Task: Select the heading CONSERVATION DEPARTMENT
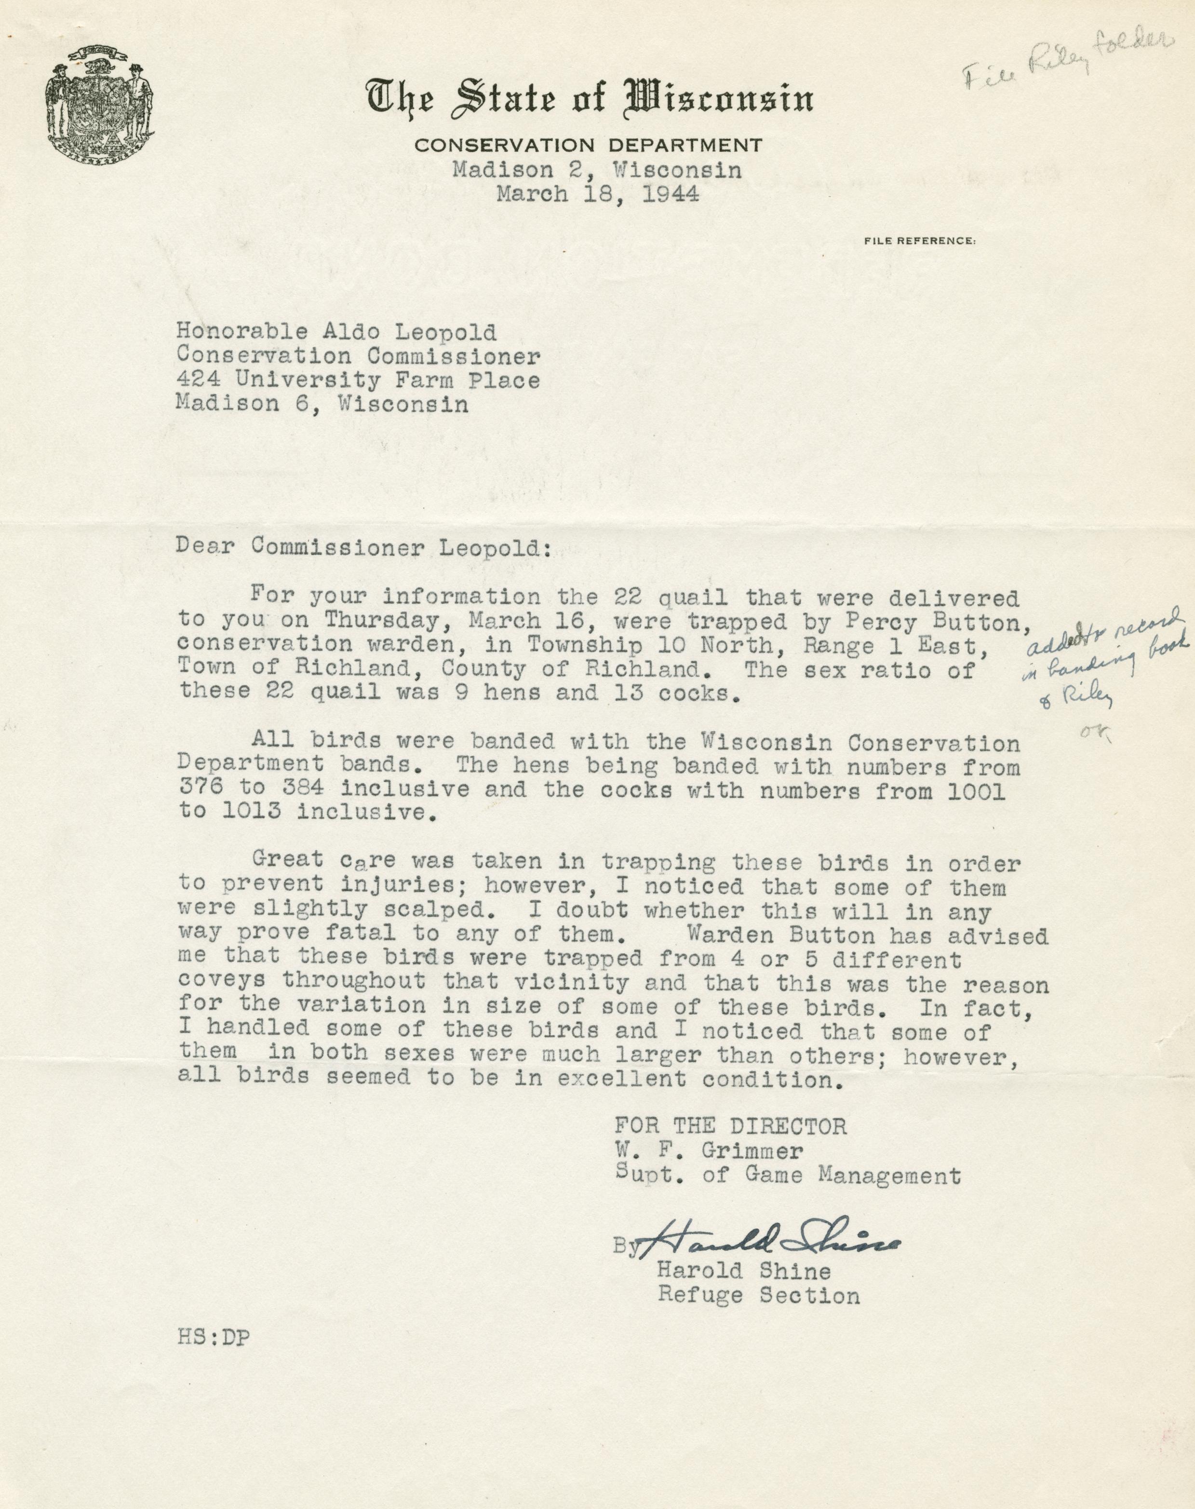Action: (x=588, y=146)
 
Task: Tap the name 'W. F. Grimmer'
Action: (x=709, y=1151)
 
